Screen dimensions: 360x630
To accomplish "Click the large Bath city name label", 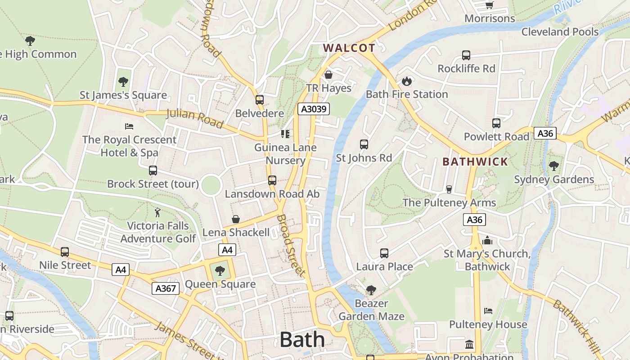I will [x=302, y=340].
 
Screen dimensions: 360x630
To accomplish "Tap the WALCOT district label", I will [x=349, y=48].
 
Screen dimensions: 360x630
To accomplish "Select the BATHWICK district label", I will [x=475, y=162].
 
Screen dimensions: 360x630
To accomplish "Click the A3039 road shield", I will [x=314, y=109].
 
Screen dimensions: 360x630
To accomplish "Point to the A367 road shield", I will [x=165, y=288].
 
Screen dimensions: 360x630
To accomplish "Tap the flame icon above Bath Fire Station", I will [x=407, y=81].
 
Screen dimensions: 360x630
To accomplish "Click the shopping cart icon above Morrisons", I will [x=490, y=5].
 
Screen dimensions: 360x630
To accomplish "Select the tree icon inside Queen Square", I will [x=220, y=271].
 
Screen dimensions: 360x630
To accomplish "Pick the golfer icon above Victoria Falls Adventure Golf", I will [x=157, y=212].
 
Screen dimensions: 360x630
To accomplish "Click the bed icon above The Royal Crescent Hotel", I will [x=129, y=126].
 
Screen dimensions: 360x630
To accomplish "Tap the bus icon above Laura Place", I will [x=384, y=253].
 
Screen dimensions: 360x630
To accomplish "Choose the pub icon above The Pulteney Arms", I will [x=449, y=189].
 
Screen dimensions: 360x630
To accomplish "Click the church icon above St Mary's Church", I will [x=487, y=240].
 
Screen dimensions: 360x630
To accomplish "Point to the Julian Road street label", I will [x=195, y=118].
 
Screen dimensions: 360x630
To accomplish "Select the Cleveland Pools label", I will [x=560, y=32].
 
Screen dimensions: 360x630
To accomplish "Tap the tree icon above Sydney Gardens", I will [x=554, y=166].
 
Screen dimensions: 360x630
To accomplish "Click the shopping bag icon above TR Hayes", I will [x=328, y=75].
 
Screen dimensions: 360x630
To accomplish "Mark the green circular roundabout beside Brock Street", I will [x=211, y=185].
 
